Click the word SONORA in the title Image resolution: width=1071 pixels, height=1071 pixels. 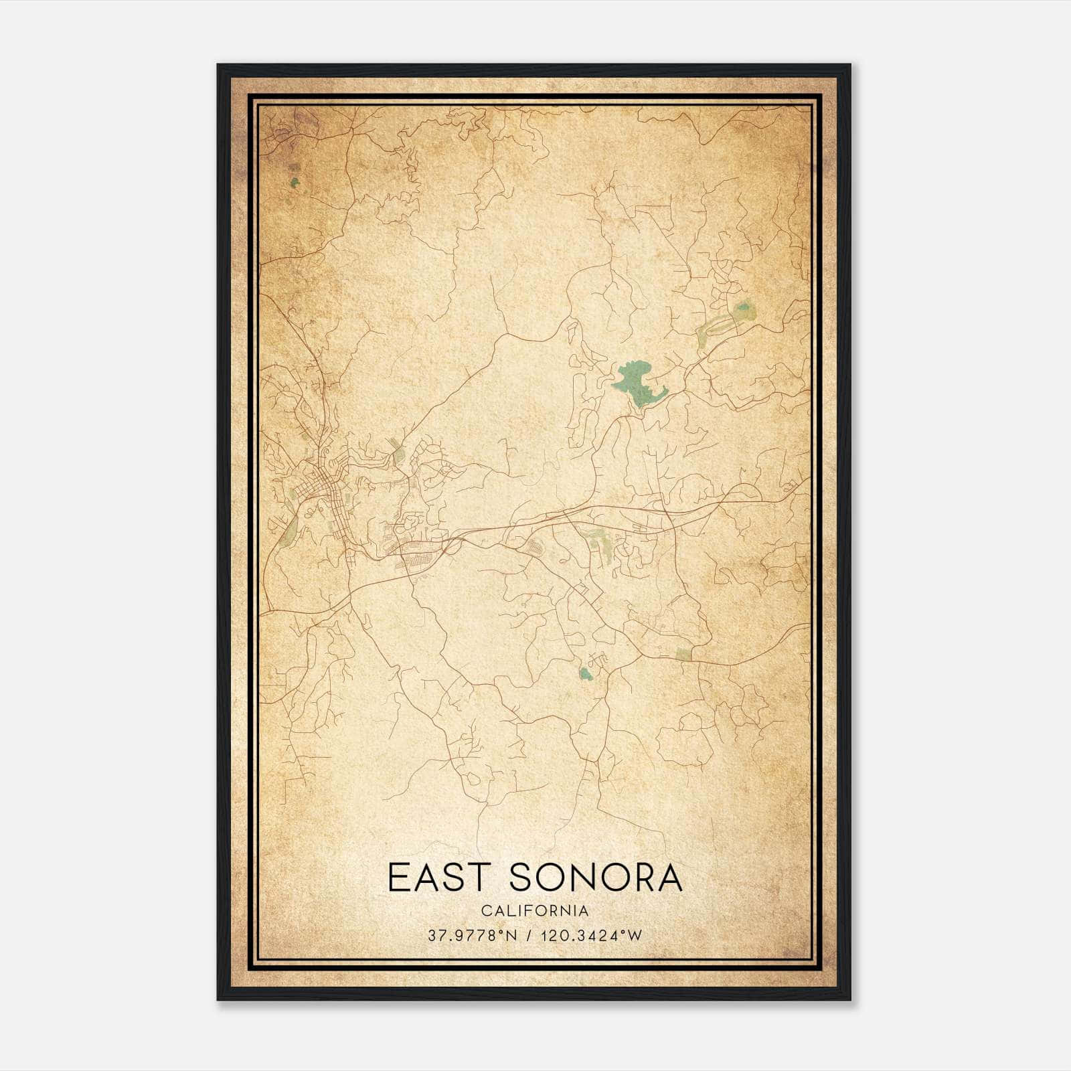click(595, 877)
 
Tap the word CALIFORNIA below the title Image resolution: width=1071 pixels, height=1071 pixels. click(535, 911)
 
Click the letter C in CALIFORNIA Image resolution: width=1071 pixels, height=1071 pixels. click(485, 911)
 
